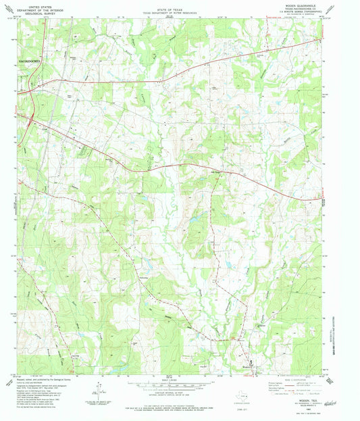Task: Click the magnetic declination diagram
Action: pos(99,390)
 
